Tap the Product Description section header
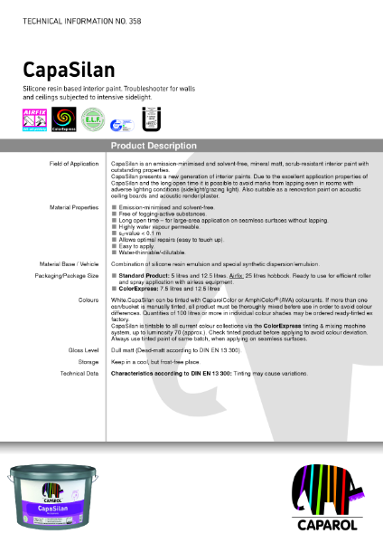tap(149, 146)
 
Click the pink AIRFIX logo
tap(33, 119)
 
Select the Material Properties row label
tap(72, 207)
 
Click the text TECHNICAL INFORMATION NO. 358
tap(73, 18)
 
